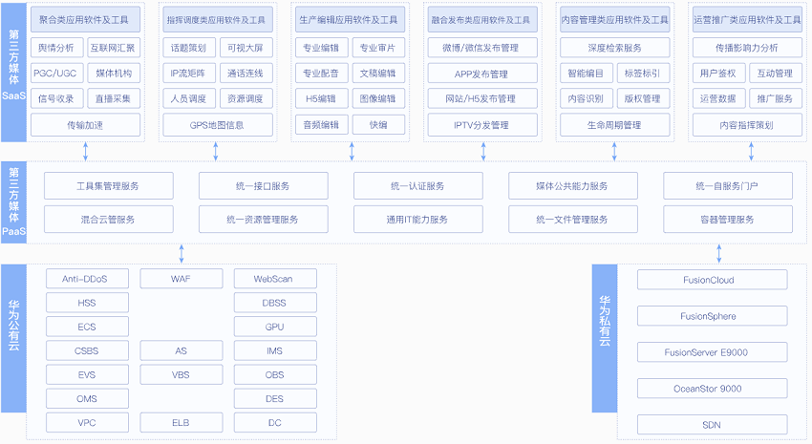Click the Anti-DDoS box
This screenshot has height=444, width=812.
pyautogui.click(x=87, y=279)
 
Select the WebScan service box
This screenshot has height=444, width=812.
pyautogui.click(x=275, y=279)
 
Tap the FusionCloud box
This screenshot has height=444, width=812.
pyautogui.click(x=712, y=280)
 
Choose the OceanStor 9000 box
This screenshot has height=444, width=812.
pyautogui.click(x=712, y=389)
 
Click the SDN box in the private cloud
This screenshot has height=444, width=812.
pyautogui.click(x=712, y=425)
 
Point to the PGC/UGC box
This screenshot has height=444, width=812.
pyautogui.click(x=54, y=74)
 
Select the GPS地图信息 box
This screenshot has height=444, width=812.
pyautogui.click(x=218, y=125)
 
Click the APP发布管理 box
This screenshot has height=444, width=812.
pyautogui.click(x=482, y=74)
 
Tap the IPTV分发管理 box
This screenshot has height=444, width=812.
pyautogui.click(x=482, y=125)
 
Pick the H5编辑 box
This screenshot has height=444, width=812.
pyautogui.click(x=322, y=98)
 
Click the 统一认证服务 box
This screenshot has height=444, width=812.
pyautogui.click(x=417, y=186)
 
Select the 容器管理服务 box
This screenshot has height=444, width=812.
pyautogui.click(x=728, y=220)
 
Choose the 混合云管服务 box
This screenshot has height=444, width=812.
pyautogui.click(x=108, y=220)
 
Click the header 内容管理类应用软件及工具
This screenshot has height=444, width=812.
pyautogui.click(x=614, y=20)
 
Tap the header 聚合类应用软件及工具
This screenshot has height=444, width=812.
pyautogui.click(x=85, y=20)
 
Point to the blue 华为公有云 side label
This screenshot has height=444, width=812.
pyautogui.click(x=13, y=338)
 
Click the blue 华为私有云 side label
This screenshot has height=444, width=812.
pyautogui.click(x=605, y=338)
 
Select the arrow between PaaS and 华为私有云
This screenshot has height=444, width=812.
pyautogui.click(x=718, y=254)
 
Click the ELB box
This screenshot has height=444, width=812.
pyautogui.click(x=182, y=422)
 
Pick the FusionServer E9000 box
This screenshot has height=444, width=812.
pyautogui.click(x=712, y=352)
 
